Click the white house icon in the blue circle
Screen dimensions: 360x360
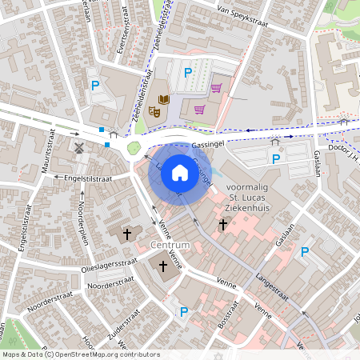tap(180, 171)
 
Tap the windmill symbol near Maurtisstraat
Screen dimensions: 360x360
tap(79, 147)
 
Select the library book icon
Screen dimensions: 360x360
tap(164, 99)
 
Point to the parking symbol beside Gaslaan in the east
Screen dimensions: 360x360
tap(304, 252)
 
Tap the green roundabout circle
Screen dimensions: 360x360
tap(134, 148)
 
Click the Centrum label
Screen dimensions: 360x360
tap(169, 245)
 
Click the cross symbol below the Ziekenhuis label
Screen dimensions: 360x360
tap(224, 226)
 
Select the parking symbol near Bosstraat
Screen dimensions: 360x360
tap(183, 312)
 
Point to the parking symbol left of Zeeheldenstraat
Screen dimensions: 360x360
tap(95, 86)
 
